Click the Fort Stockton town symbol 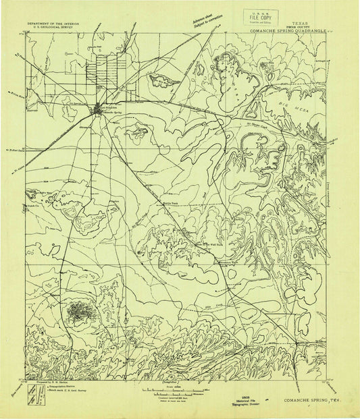click(x=99, y=109)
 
